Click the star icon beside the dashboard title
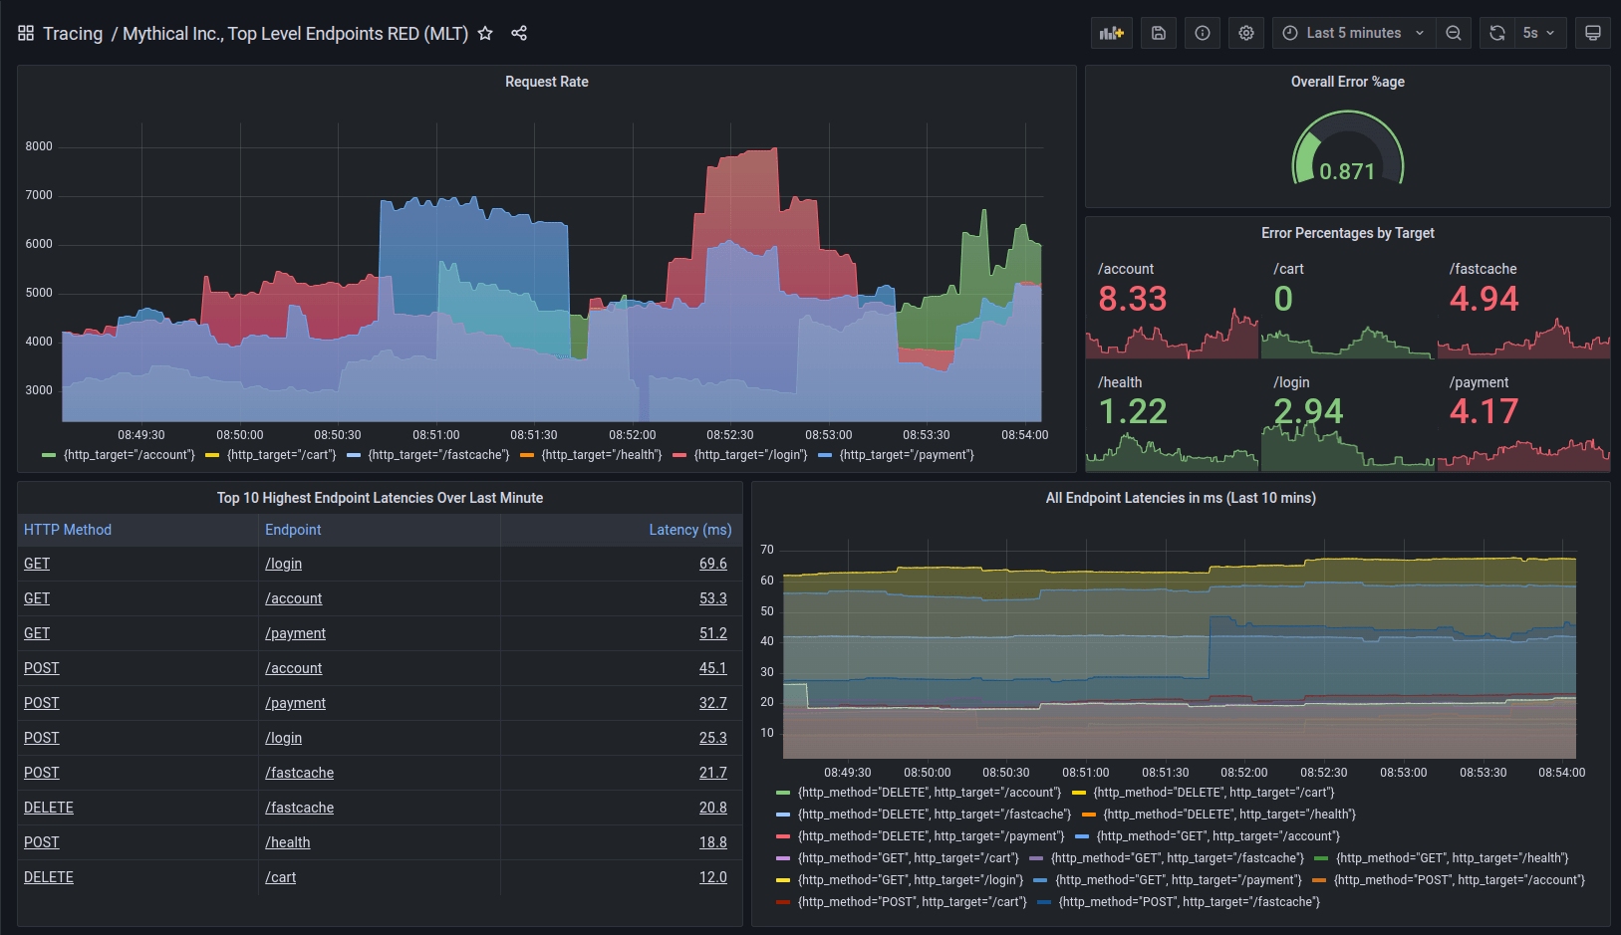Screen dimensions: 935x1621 [x=485, y=33]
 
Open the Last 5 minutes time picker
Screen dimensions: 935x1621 [x=1354, y=33]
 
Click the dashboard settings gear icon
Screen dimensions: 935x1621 [x=1245, y=33]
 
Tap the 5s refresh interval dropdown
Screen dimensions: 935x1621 [x=1538, y=33]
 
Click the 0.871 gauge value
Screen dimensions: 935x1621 [x=1347, y=171]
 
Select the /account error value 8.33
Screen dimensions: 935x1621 [x=1133, y=299]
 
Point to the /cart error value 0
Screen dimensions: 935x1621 [x=1283, y=299]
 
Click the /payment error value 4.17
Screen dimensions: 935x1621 [x=1484, y=411]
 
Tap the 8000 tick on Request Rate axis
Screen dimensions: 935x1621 [x=39, y=146]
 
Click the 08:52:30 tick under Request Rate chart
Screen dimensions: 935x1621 [x=730, y=435]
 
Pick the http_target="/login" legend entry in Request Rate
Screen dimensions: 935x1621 [x=749, y=455]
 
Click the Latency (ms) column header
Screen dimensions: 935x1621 [x=689, y=530]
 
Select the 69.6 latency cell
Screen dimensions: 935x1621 [x=712, y=564]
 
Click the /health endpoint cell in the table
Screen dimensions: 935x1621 [x=288, y=842]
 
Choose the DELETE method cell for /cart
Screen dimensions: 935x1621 [x=49, y=877]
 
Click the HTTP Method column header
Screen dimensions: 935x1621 [x=68, y=530]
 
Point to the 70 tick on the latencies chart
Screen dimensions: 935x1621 [x=766, y=550]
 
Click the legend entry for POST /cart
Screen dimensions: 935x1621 [x=911, y=902]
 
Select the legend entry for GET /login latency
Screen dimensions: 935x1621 [x=910, y=880]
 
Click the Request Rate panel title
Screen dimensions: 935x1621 [x=546, y=82]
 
